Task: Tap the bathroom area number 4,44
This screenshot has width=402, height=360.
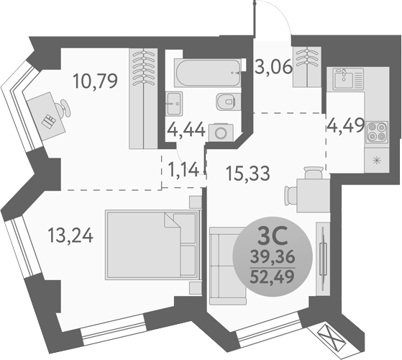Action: [186, 130]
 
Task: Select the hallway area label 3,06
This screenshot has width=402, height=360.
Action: [273, 69]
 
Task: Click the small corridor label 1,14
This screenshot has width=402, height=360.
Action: [183, 170]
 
